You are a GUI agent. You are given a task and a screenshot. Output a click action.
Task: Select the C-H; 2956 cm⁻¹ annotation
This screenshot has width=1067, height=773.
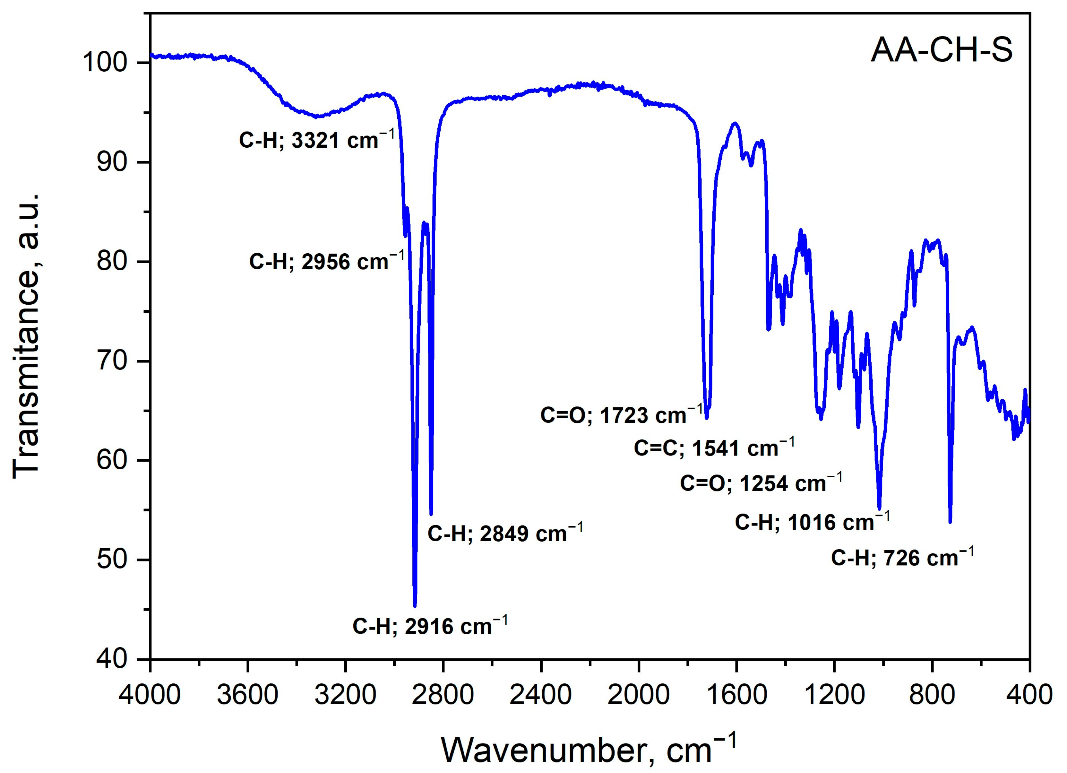[326, 261]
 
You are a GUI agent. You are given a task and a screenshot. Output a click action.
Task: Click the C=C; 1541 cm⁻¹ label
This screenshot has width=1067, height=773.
[714, 447]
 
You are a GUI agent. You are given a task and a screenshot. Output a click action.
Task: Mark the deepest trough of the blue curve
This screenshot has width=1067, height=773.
[415, 605]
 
